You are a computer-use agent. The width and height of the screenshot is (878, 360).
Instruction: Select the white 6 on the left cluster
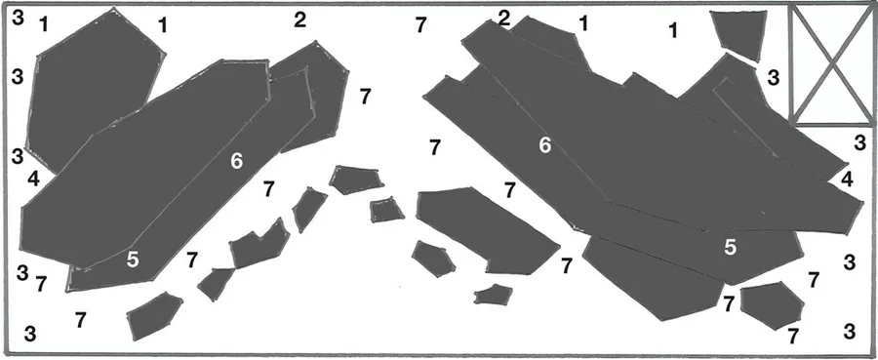click(x=237, y=161)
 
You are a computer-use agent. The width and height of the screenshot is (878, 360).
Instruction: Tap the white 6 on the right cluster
click(x=544, y=145)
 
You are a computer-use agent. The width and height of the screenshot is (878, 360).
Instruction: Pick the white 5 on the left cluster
click(x=133, y=260)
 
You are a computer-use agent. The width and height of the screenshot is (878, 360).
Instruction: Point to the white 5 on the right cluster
click(x=730, y=247)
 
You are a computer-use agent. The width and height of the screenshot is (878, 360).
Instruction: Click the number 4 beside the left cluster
click(x=33, y=180)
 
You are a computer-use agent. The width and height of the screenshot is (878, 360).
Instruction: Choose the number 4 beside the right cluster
click(x=847, y=180)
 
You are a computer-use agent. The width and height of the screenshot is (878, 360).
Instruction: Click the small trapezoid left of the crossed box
click(x=738, y=35)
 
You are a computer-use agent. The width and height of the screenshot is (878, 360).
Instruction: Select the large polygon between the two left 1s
click(x=96, y=90)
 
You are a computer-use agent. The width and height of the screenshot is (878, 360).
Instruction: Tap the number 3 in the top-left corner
click(x=18, y=18)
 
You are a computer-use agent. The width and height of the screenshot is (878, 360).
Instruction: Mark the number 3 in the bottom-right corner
click(x=850, y=332)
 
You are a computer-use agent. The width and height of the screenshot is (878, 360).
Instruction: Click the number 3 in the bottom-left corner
click(x=30, y=335)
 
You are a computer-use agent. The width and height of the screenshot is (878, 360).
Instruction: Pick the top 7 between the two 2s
click(x=421, y=25)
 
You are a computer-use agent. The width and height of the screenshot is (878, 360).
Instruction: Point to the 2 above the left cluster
click(x=300, y=20)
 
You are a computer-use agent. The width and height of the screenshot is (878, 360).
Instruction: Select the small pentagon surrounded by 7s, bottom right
click(x=773, y=305)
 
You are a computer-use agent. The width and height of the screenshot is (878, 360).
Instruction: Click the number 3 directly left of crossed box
click(x=774, y=77)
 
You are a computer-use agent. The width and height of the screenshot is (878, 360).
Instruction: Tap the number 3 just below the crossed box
click(x=860, y=142)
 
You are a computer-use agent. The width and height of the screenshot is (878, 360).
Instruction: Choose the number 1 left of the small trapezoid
click(x=673, y=31)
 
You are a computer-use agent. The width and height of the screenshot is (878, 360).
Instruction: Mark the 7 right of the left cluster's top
click(x=365, y=97)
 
